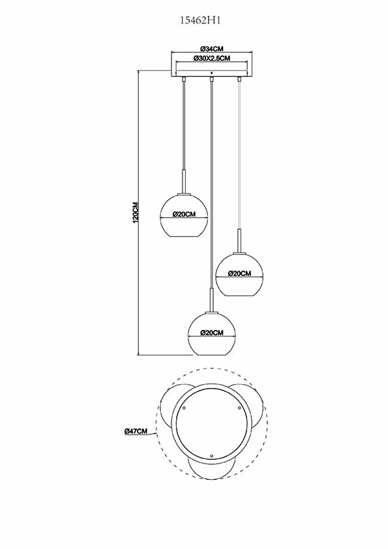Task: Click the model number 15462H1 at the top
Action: pos(201,21)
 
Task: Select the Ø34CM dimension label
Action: pos(211,49)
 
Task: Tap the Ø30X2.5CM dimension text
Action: pos(211,59)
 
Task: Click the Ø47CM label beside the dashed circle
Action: pos(136,432)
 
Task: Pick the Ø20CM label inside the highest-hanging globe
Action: pos(184,215)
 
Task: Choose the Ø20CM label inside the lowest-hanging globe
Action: pos(212,333)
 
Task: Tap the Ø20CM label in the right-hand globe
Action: pos(240,273)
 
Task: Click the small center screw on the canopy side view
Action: pos(211,73)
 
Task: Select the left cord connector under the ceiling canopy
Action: pos(183,79)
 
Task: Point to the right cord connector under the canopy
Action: pos(239,79)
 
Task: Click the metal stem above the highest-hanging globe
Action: pos(184,181)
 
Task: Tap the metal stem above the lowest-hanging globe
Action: pos(212,300)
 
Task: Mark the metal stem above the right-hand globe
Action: pos(240,241)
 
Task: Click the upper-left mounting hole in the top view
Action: pos(183,408)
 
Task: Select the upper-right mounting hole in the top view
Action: pos(239,408)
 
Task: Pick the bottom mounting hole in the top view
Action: pos(211,456)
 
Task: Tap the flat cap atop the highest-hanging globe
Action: pos(184,193)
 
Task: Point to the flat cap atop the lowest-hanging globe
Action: pos(212,312)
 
